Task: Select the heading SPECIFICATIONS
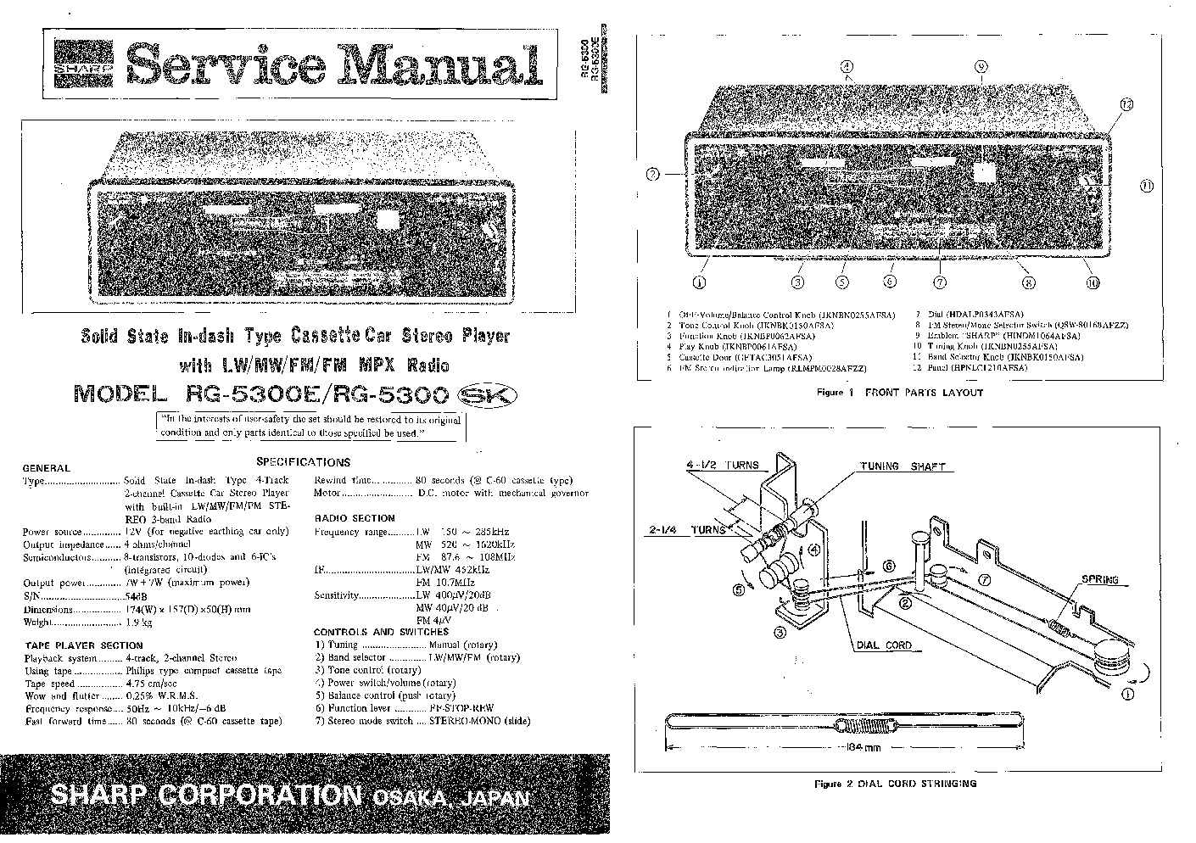tap(303, 462)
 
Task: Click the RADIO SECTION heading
tap(355, 517)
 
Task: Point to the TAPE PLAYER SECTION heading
tap(72, 645)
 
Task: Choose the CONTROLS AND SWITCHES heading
tap(381, 632)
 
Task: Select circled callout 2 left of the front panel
tap(652, 175)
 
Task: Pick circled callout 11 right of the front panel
tap(1146, 185)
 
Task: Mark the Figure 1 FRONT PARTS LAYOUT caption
tap(899, 393)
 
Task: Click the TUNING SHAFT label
tap(903, 466)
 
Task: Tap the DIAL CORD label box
tap(884, 645)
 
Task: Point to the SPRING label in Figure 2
tap(1099, 580)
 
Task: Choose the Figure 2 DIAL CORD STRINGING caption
tap(895, 784)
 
